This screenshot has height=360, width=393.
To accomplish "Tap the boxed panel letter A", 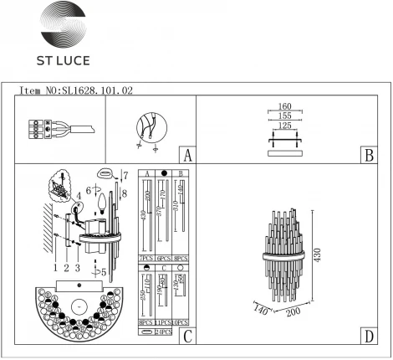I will pyautogui.click(x=187, y=155).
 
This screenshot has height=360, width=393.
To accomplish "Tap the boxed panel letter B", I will pyautogui.click(x=368, y=155).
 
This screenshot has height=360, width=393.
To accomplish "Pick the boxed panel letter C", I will pyautogui.click(x=187, y=336).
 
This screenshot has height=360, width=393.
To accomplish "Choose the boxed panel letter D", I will pyautogui.click(x=368, y=336).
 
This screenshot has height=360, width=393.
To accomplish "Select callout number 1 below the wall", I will pyautogui.click(x=54, y=268).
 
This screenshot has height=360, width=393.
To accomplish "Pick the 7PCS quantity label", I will pyautogui.click(x=144, y=260).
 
